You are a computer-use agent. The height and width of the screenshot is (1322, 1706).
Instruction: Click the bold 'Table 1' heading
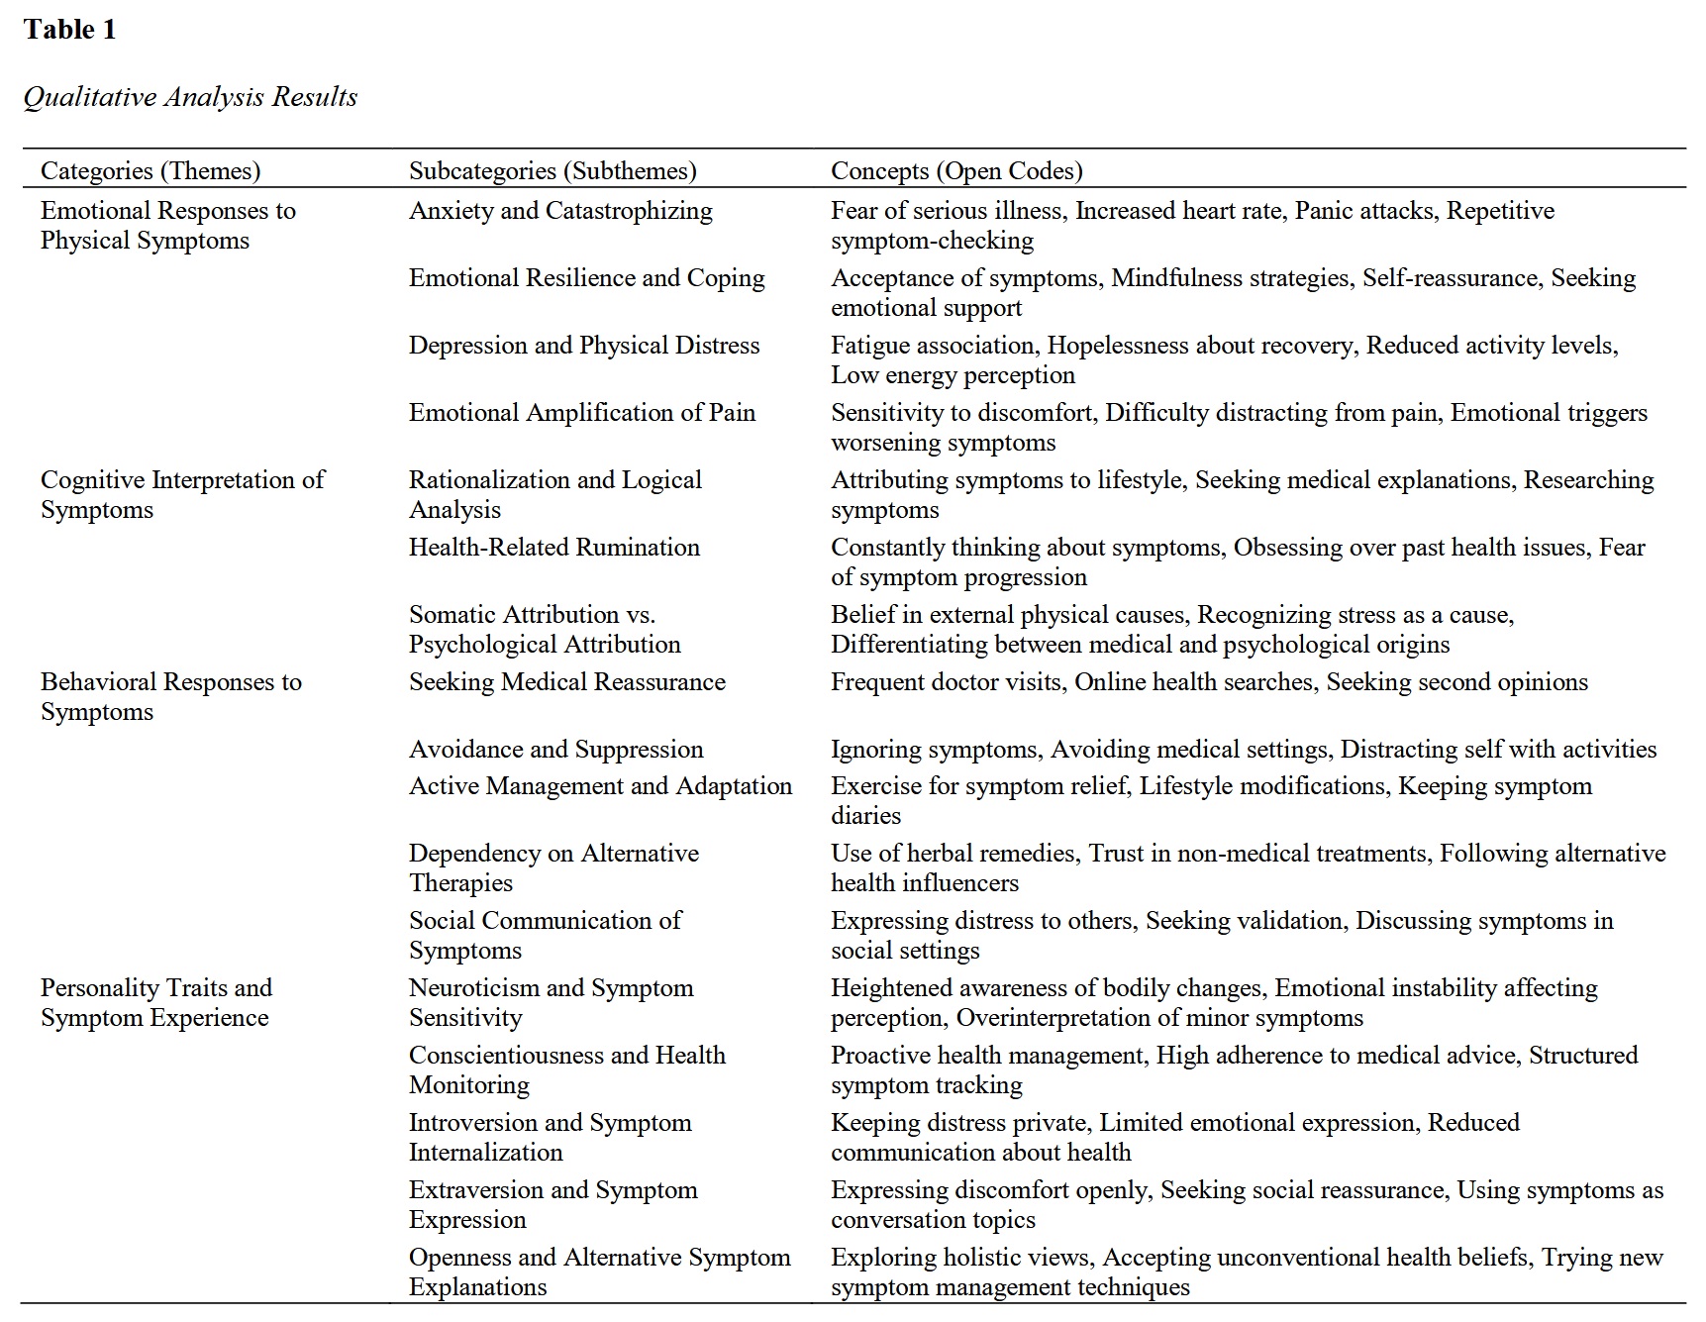pos(69,30)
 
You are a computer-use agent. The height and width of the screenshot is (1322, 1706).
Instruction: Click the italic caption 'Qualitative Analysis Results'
pos(190,97)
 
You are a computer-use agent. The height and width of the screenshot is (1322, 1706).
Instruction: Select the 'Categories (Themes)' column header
pos(151,170)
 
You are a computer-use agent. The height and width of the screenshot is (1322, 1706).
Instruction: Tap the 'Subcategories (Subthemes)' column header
pos(552,170)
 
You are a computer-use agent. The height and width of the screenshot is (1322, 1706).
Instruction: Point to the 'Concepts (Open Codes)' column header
pos(956,170)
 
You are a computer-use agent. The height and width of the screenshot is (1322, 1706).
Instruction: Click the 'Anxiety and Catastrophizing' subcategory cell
pos(560,211)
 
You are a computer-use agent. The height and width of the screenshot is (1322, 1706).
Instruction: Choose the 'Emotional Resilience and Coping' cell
pos(586,278)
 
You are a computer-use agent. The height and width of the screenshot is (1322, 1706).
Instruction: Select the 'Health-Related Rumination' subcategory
pos(553,548)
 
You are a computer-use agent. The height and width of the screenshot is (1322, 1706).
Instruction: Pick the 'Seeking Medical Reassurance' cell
pos(566,682)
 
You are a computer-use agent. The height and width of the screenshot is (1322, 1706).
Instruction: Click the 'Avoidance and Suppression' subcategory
pos(555,750)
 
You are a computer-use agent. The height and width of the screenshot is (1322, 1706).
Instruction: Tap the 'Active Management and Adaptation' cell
pos(600,786)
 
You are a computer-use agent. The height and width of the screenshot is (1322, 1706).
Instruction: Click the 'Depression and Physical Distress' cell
pos(584,346)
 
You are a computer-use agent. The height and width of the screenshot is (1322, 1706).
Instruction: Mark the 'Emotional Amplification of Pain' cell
pos(581,413)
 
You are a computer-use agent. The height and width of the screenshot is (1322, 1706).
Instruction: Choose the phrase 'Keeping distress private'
pos(959,1123)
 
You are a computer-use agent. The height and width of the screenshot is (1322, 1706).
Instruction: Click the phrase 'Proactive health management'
pos(987,1056)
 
